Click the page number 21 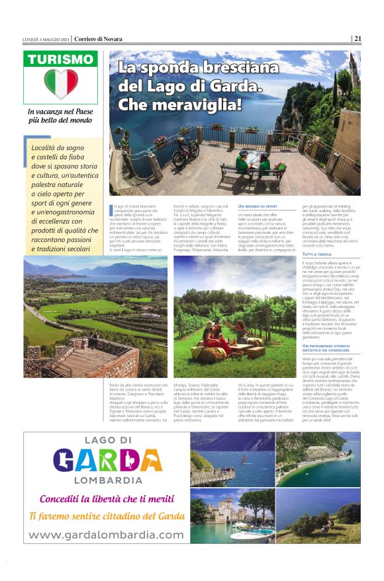click(x=357, y=38)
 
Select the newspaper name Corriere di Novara click(x=99, y=38)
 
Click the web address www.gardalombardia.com click(x=105, y=534)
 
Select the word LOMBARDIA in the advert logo click(x=107, y=479)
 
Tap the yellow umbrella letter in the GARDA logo click(x=130, y=457)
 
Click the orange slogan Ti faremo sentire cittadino click(x=106, y=516)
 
